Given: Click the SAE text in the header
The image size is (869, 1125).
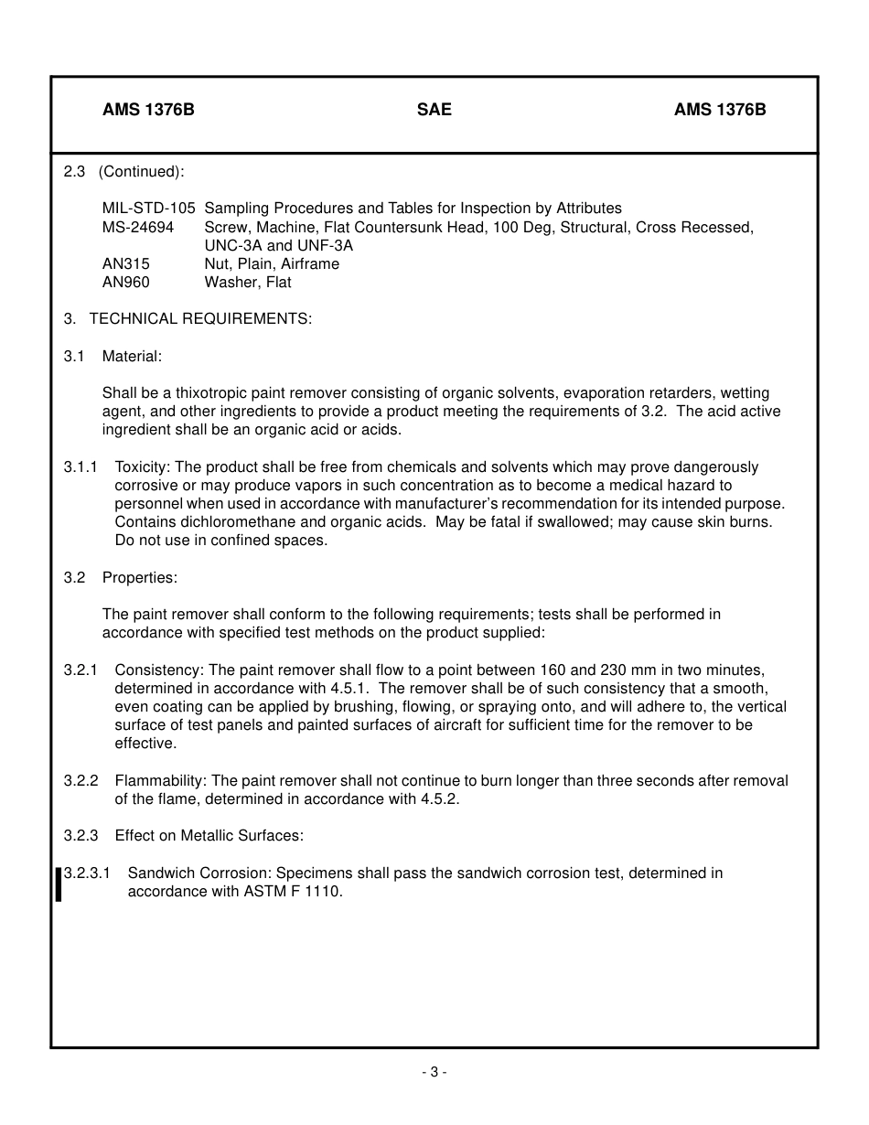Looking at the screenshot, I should click(434, 110).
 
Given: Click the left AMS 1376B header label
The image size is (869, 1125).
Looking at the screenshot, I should click(148, 110).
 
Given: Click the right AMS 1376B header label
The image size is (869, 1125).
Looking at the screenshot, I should click(720, 110).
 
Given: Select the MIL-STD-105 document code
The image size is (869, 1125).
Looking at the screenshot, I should click(148, 209).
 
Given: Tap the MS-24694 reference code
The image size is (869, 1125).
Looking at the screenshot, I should click(138, 227).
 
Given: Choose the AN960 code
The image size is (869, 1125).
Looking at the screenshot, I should click(126, 283).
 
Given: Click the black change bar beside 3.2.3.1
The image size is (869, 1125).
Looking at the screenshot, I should click(59, 884).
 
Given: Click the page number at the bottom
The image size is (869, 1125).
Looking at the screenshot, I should click(434, 1072).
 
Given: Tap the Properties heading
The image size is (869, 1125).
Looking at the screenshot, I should click(139, 578).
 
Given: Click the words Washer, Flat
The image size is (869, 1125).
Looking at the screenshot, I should click(248, 283).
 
